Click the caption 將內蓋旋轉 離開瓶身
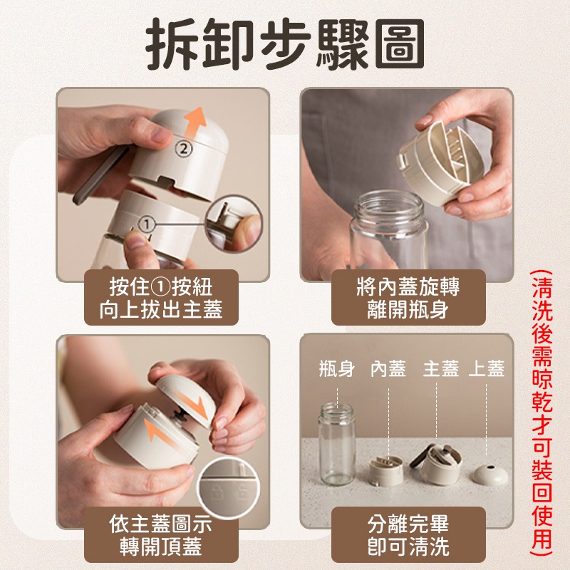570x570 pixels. coord(408,297)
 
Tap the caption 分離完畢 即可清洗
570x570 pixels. coord(408,535)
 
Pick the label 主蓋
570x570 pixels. coord(440,368)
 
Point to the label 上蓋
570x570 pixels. coord(487,368)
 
